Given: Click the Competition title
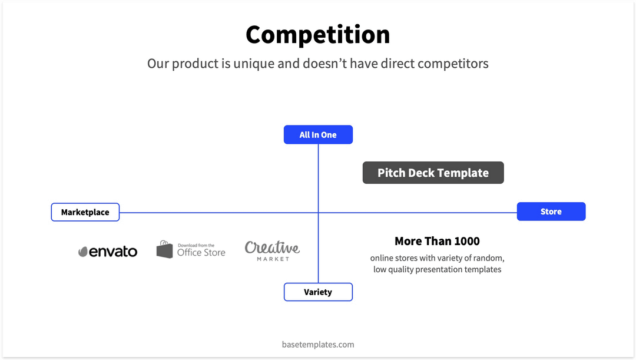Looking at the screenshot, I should coord(317,34).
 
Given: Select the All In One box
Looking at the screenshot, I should coord(318,135).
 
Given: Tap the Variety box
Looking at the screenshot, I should coord(318,292).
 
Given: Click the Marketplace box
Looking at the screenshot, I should coord(85,212).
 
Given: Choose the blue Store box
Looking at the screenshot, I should coord(551,212).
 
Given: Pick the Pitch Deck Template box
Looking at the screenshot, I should coord(433,173).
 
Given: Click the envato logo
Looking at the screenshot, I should coord(108,252).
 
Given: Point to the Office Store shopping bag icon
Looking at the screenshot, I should coord(165,249).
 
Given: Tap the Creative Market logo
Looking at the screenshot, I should coord(272,250).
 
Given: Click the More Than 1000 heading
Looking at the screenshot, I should coord(437,241).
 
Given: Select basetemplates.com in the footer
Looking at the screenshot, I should coord(318,344).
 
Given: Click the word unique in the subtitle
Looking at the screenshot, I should coord(254,63).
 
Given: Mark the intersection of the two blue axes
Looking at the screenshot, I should coord(319,213).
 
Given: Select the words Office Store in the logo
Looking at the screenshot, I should coord(201,253).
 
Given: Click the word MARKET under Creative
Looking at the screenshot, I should coord(273,259).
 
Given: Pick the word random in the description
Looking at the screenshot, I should coord(488,258).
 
